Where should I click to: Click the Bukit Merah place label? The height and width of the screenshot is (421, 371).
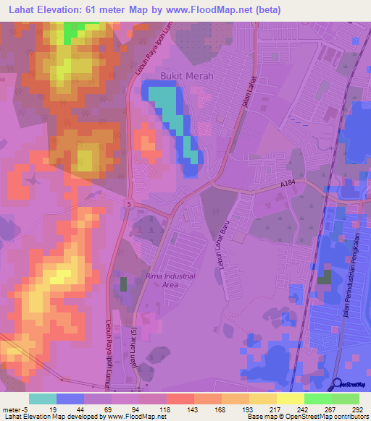[182, 75]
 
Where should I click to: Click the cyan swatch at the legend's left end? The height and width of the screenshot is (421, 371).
[43, 399]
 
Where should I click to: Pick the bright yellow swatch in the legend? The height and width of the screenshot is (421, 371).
[290, 399]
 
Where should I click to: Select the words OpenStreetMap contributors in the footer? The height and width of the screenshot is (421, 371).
[330, 417]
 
